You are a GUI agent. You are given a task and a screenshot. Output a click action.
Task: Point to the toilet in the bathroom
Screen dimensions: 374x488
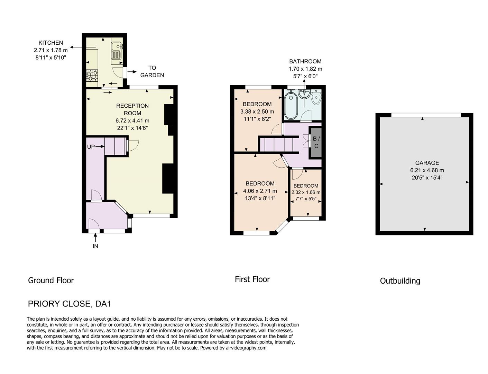[x=315, y=98]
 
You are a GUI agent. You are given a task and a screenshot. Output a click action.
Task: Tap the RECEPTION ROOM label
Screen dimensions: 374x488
[x=132, y=109]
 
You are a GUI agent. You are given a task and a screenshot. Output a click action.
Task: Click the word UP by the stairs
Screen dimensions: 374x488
[x=91, y=147]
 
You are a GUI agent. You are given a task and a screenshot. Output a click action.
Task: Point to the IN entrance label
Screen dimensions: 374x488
[x=95, y=246]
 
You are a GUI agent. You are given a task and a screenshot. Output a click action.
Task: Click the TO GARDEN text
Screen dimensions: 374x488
[x=152, y=71]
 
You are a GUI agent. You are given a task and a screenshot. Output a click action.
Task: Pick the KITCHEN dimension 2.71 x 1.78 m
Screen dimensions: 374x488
[x=51, y=50]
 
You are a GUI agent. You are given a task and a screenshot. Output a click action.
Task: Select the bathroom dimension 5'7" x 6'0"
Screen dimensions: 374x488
[x=305, y=76]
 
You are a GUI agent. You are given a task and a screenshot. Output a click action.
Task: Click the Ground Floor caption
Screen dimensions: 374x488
[x=51, y=280]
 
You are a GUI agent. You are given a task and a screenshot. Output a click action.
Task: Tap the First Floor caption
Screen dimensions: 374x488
[x=252, y=279]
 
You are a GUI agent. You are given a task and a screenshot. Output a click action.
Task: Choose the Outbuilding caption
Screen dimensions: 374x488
[x=400, y=281]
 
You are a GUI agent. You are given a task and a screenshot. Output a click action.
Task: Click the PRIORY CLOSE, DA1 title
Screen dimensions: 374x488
[x=70, y=304]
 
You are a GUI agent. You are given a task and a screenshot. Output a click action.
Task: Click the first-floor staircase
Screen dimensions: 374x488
[x=279, y=144]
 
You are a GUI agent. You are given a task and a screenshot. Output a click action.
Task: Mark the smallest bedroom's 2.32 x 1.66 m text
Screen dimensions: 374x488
[x=306, y=192]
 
